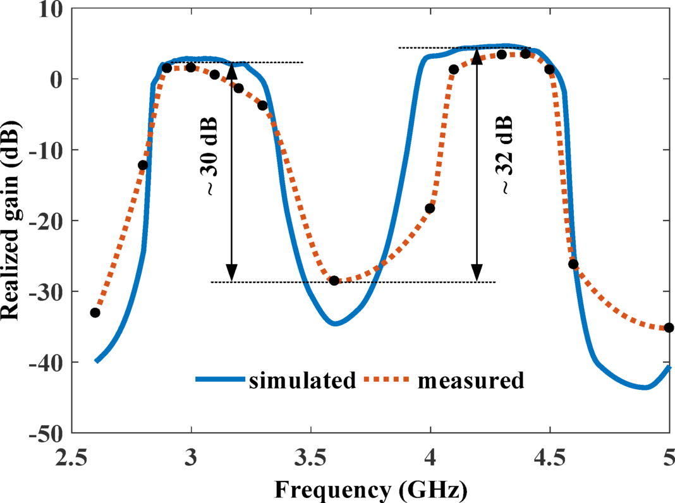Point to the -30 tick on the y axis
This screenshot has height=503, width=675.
[x=46, y=291]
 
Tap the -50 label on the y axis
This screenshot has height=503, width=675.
[x=46, y=433]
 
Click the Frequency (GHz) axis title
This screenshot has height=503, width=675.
[x=371, y=488]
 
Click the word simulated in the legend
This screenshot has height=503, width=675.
[x=302, y=380]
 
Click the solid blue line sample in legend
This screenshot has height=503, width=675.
[x=219, y=380]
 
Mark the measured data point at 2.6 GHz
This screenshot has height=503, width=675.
[x=95, y=313]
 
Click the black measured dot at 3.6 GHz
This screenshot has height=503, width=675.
[x=334, y=281]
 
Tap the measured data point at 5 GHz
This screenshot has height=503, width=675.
[x=669, y=327]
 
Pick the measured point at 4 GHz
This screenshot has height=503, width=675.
[x=430, y=209]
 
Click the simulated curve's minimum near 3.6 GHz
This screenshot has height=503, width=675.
[x=335, y=324]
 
